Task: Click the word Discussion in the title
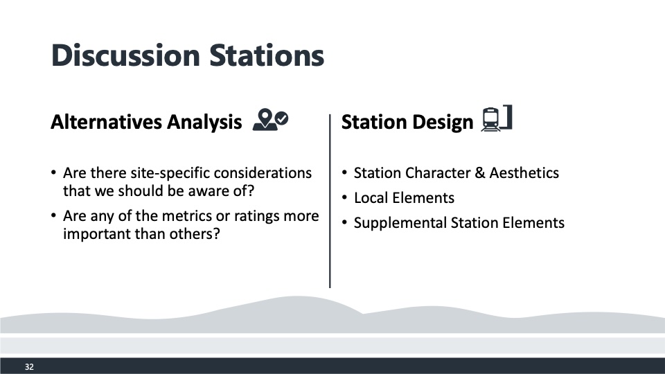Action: (125, 55)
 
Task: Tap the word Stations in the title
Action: (267, 55)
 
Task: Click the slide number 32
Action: (29, 367)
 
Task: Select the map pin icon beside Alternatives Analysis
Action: (270, 120)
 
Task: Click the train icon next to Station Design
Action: (497, 118)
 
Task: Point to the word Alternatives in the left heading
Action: (107, 122)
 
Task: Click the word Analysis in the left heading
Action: (204, 123)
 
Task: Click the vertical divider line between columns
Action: (330, 201)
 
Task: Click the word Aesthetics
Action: (524, 173)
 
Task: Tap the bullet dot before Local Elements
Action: (344, 197)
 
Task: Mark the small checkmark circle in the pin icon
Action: (281, 118)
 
